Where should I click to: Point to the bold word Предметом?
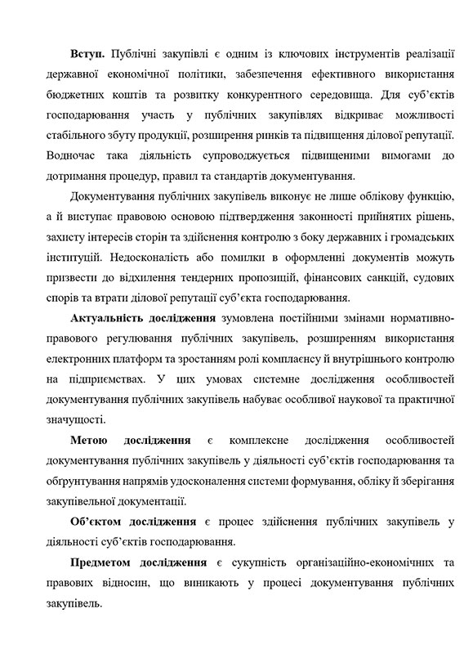click(x=103, y=563)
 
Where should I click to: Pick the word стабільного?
click(x=83, y=134)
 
